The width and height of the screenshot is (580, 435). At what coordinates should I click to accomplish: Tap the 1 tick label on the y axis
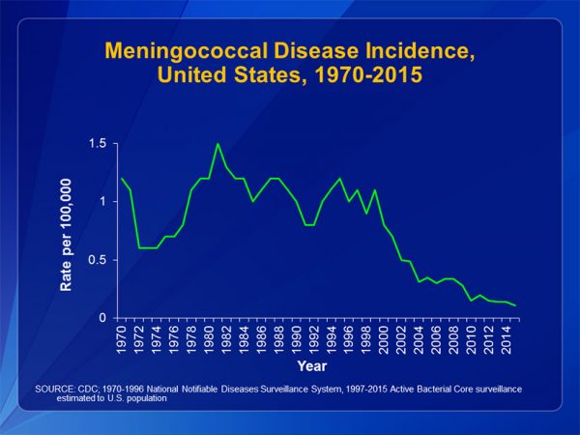(101, 202)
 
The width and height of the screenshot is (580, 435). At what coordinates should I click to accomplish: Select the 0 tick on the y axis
(101, 318)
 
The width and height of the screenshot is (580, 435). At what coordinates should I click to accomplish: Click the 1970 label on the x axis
(122, 338)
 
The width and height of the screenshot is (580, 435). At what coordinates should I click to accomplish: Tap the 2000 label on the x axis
(386, 338)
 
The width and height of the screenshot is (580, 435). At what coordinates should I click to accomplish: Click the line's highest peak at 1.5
(217, 144)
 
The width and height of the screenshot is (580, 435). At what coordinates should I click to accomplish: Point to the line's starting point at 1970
(122, 179)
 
